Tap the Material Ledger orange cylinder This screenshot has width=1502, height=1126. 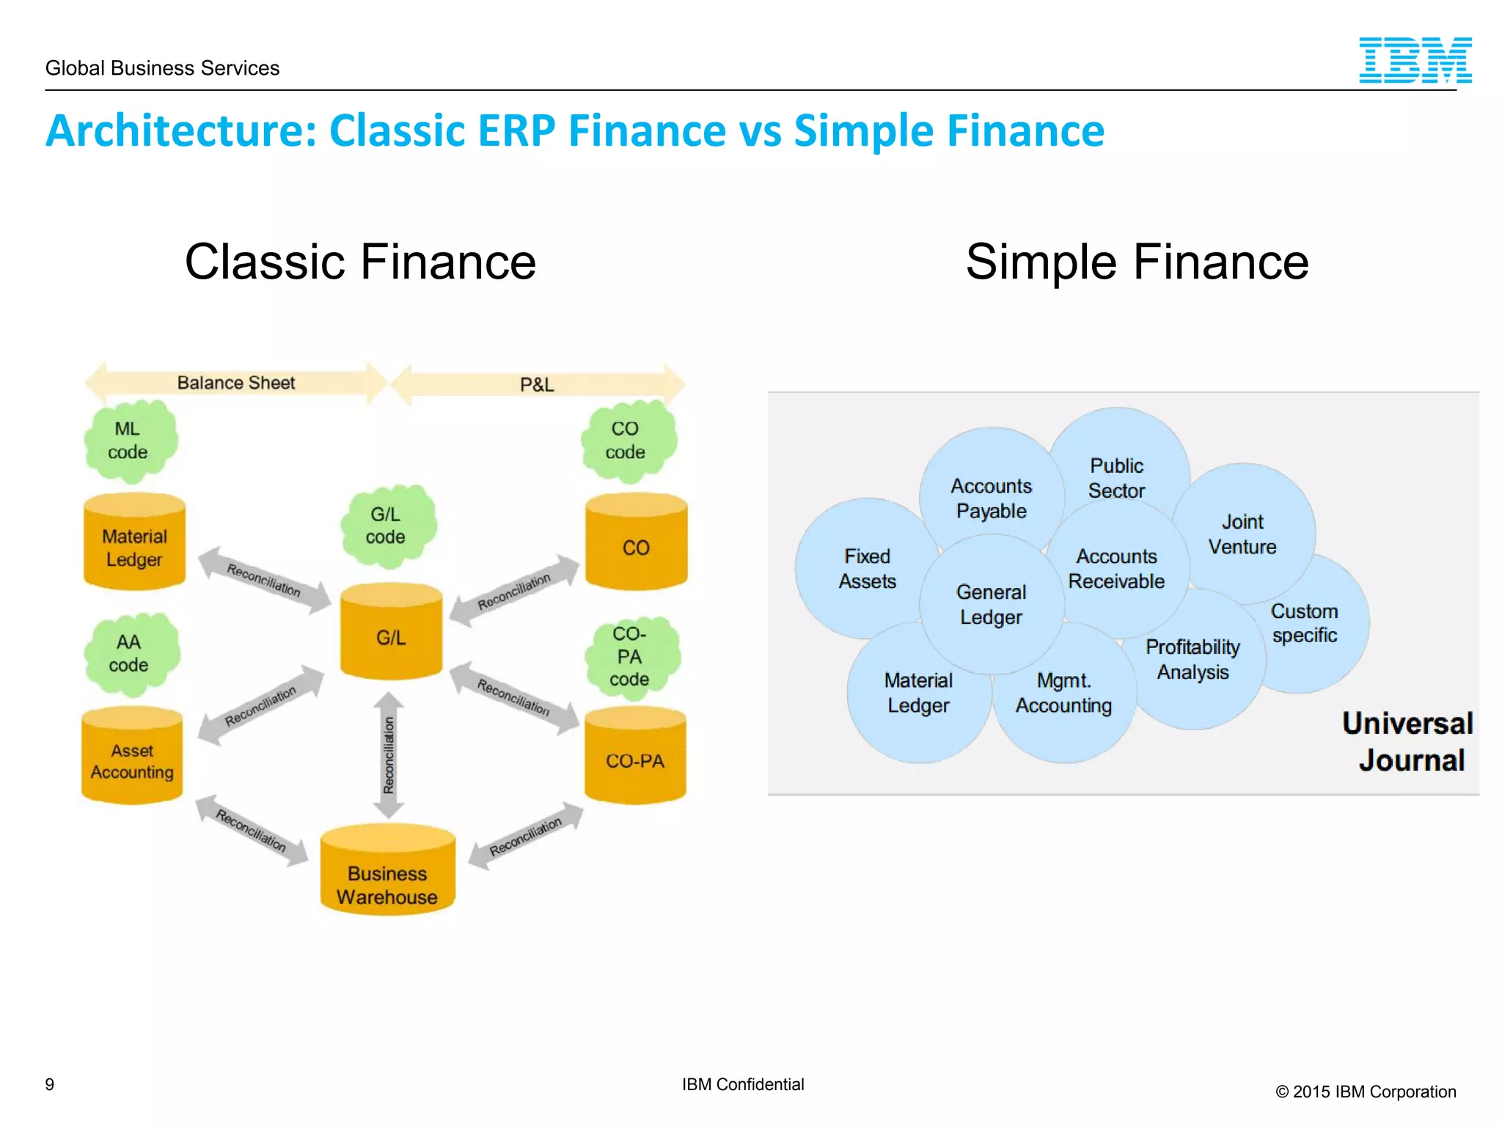click(x=134, y=543)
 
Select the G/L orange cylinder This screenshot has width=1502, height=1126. click(x=391, y=633)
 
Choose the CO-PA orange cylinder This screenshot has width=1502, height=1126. click(x=635, y=758)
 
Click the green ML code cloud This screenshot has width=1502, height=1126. click(x=130, y=441)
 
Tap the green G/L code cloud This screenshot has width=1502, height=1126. click(x=387, y=526)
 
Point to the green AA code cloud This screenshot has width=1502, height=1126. click(x=131, y=653)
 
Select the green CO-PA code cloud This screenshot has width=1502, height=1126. click(x=631, y=657)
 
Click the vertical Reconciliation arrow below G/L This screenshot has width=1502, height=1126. click(x=389, y=755)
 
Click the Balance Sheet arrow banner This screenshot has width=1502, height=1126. click(x=235, y=383)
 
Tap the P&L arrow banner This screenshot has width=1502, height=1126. click(x=538, y=384)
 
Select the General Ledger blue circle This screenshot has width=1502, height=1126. click(x=991, y=604)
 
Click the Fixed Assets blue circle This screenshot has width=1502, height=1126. click(x=858, y=569)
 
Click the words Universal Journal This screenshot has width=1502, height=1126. click(x=1408, y=741)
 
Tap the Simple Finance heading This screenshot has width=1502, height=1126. click(x=1137, y=262)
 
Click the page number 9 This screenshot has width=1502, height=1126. click(x=50, y=1084)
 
